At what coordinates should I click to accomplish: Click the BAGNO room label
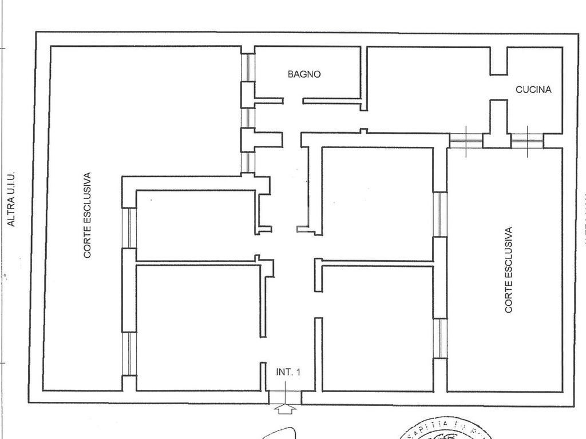[x=304, y=74]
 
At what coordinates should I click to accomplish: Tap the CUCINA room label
[x=533, y=90]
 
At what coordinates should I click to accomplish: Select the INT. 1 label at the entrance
[x=288, y=372]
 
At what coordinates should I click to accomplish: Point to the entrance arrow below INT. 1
[x=284, y=408]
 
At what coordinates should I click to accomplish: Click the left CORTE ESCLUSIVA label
[x=88, y=215]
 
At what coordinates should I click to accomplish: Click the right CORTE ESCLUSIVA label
[x=509, y=270]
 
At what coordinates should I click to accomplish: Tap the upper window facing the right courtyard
[x=439, y=214]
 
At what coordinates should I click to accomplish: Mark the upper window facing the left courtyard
[x=130, y=228]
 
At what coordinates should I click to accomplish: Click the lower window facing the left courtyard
[x=130, y=353]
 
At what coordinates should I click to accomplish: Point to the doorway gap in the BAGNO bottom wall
[x=293, y=101]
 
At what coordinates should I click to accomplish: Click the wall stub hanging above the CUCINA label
[x=498, y=61]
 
